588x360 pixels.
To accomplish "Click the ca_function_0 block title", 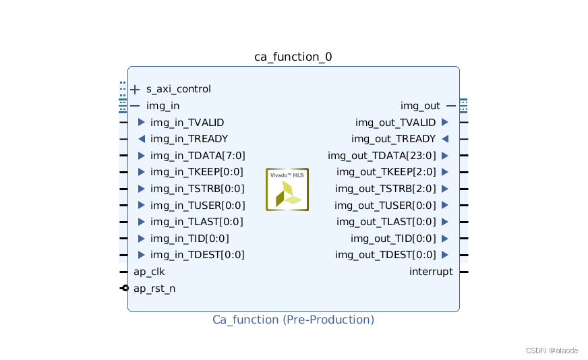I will (293, 57).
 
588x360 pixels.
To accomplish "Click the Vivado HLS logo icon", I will (287, 189).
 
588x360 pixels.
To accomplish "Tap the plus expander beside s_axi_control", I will (135, 89).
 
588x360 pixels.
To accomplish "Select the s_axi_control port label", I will (179, 89).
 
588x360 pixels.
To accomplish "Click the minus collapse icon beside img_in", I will (135, 106).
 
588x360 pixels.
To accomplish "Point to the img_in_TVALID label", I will (187, 123).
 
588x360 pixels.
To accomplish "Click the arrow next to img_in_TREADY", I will (141, 139).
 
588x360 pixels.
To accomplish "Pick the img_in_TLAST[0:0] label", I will (197, 222).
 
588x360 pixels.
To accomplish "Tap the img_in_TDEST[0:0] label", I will (198, 255).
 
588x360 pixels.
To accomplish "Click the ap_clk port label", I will (149, 272).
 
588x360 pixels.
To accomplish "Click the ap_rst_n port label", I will (154, 289).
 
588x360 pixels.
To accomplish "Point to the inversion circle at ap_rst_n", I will (125, 289).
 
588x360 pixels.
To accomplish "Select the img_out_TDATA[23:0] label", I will (382, 156).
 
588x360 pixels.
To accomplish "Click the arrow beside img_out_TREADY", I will (445, 139).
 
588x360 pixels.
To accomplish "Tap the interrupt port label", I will (431, 272).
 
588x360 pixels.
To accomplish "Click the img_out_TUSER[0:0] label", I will (385, 205).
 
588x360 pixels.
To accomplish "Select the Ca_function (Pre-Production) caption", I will (293, 320).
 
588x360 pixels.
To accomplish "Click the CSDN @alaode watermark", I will (551, 351).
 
